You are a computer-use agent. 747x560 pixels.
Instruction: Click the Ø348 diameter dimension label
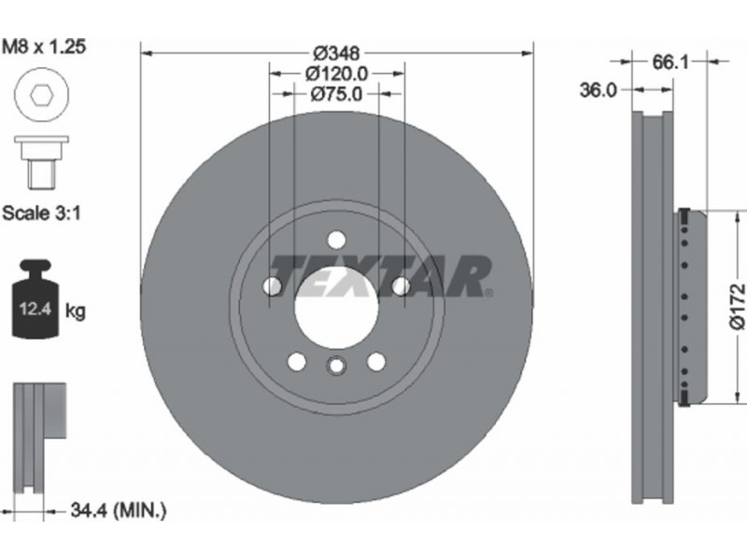click(x=337, y=53)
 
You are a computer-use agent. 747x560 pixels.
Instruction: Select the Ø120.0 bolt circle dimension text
click(x=337, y=74)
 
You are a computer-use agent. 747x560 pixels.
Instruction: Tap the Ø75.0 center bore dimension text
click(x=336, y=94)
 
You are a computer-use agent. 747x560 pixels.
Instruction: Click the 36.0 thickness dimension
click(x=598, y=90)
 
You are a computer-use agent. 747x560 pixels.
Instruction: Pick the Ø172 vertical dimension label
click(x=737, y=306)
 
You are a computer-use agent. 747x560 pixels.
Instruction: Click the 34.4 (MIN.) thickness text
click(x=119, y=511)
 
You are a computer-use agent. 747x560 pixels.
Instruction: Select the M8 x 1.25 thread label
click(x=44, y=47)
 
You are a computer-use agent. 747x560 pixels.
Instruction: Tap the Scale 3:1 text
click(x=41, y=213)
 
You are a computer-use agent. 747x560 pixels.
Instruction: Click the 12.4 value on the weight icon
click(x=35, y=309)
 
